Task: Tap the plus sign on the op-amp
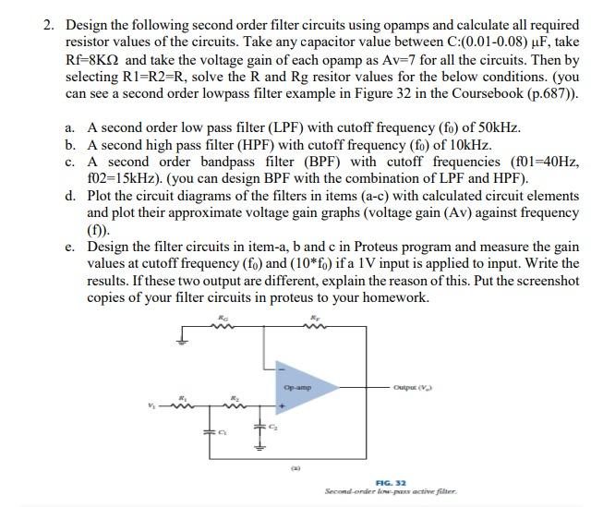[x=283, y=405]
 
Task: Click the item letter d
[x=71, y=196]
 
